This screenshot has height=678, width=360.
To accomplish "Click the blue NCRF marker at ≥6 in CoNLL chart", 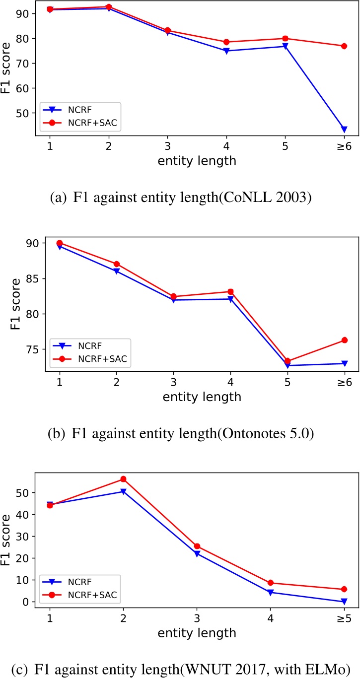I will point(344,130).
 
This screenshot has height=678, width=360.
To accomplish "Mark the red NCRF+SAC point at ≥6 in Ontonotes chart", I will point(344,340).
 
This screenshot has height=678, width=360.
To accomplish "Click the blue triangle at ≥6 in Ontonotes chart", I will point(344,364).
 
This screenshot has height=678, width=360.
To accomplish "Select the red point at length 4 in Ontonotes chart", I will point(230,292).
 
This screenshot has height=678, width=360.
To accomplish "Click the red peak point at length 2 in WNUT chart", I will point(123,479).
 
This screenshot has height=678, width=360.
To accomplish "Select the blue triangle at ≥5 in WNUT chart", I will point(344,602).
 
